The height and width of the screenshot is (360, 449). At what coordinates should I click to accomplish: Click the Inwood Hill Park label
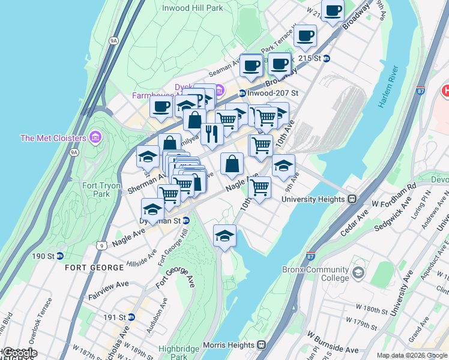(193, 8)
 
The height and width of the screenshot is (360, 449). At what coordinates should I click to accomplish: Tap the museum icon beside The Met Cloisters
(95, 138)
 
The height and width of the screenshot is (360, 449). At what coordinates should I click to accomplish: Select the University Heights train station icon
(353, 199)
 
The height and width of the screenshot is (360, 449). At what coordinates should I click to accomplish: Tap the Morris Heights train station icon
(261, 345)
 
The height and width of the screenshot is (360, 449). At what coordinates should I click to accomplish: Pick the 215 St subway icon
(327, 58)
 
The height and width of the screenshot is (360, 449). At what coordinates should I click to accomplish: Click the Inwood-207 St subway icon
(241, 93)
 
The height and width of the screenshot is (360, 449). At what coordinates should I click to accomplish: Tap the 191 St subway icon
(131, 317)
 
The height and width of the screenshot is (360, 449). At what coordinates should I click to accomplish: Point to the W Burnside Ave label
(334, 342)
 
